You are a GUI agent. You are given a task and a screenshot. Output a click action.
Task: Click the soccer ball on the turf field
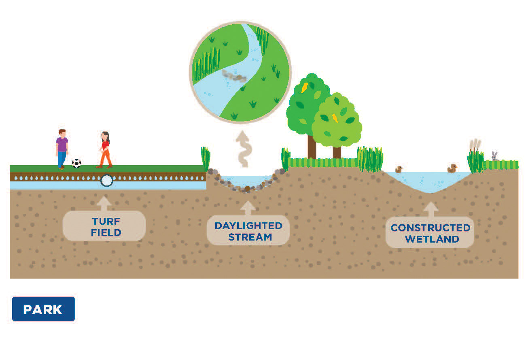(x=76, y=163)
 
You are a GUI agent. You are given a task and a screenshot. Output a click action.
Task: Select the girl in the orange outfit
(x=105, y=149)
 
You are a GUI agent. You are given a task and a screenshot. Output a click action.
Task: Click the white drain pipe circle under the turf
(x=106, y=181)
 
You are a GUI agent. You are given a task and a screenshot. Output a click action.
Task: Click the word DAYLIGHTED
(x=248, y=226)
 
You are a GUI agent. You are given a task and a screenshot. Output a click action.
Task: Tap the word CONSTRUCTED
(x=430, y=228)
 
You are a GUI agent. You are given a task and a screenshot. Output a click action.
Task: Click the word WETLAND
(x=432, y=239)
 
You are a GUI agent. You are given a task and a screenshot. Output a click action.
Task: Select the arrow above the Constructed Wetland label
(x=431, y=209)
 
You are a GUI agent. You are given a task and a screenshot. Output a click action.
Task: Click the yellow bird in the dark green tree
(x=305, y=87)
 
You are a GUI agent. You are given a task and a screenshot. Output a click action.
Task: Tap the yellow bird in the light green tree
(x=335, y=118)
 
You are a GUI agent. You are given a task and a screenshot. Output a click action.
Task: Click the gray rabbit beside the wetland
(x=494, y=156)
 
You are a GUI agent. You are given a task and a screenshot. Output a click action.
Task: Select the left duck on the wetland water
(x=399, y=169)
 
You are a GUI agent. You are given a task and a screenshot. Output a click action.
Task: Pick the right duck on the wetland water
(x=452, y=168)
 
